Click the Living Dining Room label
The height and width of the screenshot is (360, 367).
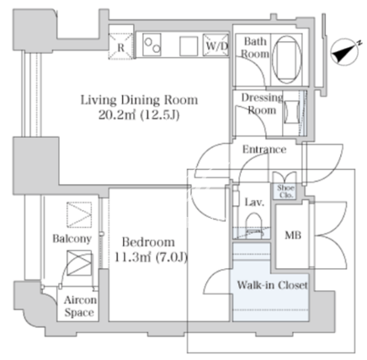tap(139, 100)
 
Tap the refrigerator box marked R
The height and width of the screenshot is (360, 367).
tap(120, 46)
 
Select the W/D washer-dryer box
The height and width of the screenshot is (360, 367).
tap(216, 45)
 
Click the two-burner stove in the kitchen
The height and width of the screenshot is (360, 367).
tap(152, 45)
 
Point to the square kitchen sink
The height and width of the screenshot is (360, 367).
tap(189, 46)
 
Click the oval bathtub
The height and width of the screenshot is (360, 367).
tap(287, 60)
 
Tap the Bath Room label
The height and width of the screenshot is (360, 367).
tap(255, 48)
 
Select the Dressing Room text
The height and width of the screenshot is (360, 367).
tap(262, 104)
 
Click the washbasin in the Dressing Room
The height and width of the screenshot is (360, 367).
tap(292, 112)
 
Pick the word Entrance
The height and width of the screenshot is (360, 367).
tap(264, 150)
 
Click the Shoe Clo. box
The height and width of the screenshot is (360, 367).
tap(286, 192)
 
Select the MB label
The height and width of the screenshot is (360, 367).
tap(293, 236)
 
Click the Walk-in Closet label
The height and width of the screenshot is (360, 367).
tap(273, 285)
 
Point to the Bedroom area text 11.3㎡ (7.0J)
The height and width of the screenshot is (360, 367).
tap(151, 257)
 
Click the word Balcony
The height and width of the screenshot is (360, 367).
tap(72, 239)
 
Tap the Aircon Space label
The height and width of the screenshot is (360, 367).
tap(80, 306)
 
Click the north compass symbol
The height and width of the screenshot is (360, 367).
tap(345, 53)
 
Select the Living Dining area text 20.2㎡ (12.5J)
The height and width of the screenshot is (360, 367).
tap(139, 115)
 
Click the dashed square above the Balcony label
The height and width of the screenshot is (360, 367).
tap(79, 214)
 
